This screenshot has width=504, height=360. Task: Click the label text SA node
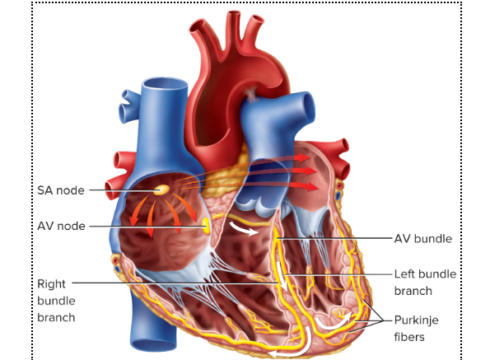point(61,190)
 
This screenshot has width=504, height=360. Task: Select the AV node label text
point(61,226)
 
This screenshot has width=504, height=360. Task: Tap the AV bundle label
point(423,239)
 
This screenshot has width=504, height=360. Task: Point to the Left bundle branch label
point(425,283)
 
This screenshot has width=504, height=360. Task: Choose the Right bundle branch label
point(56,301)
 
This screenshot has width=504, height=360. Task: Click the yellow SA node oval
point(161,189)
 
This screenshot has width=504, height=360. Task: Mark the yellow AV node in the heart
point(205,226)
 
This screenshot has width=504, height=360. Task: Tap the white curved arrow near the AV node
point(243,228)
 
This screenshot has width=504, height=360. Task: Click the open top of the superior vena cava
point(165,84)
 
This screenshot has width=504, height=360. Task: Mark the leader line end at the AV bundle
point(278,239)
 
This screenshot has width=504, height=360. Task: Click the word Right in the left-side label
point(51,284)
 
